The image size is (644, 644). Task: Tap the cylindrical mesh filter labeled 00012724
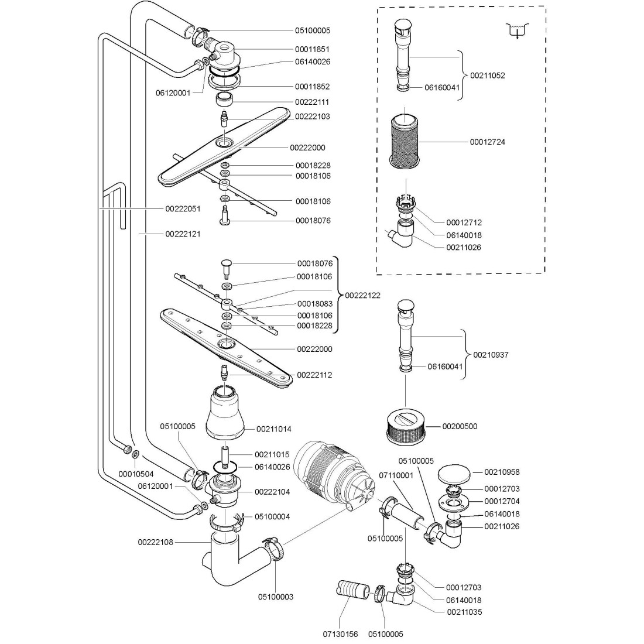tap(406, 141)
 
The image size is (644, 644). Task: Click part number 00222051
tap(183, 208)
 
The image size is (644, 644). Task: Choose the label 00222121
tap(183, 234)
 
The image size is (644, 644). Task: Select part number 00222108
tap(156, 542)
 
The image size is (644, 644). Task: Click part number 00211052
tap(487, 76)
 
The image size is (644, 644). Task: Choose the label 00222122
tap(362, 295)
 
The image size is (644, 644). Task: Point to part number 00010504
tap(136, 474)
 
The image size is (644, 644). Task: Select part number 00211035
tap(463, 612)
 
